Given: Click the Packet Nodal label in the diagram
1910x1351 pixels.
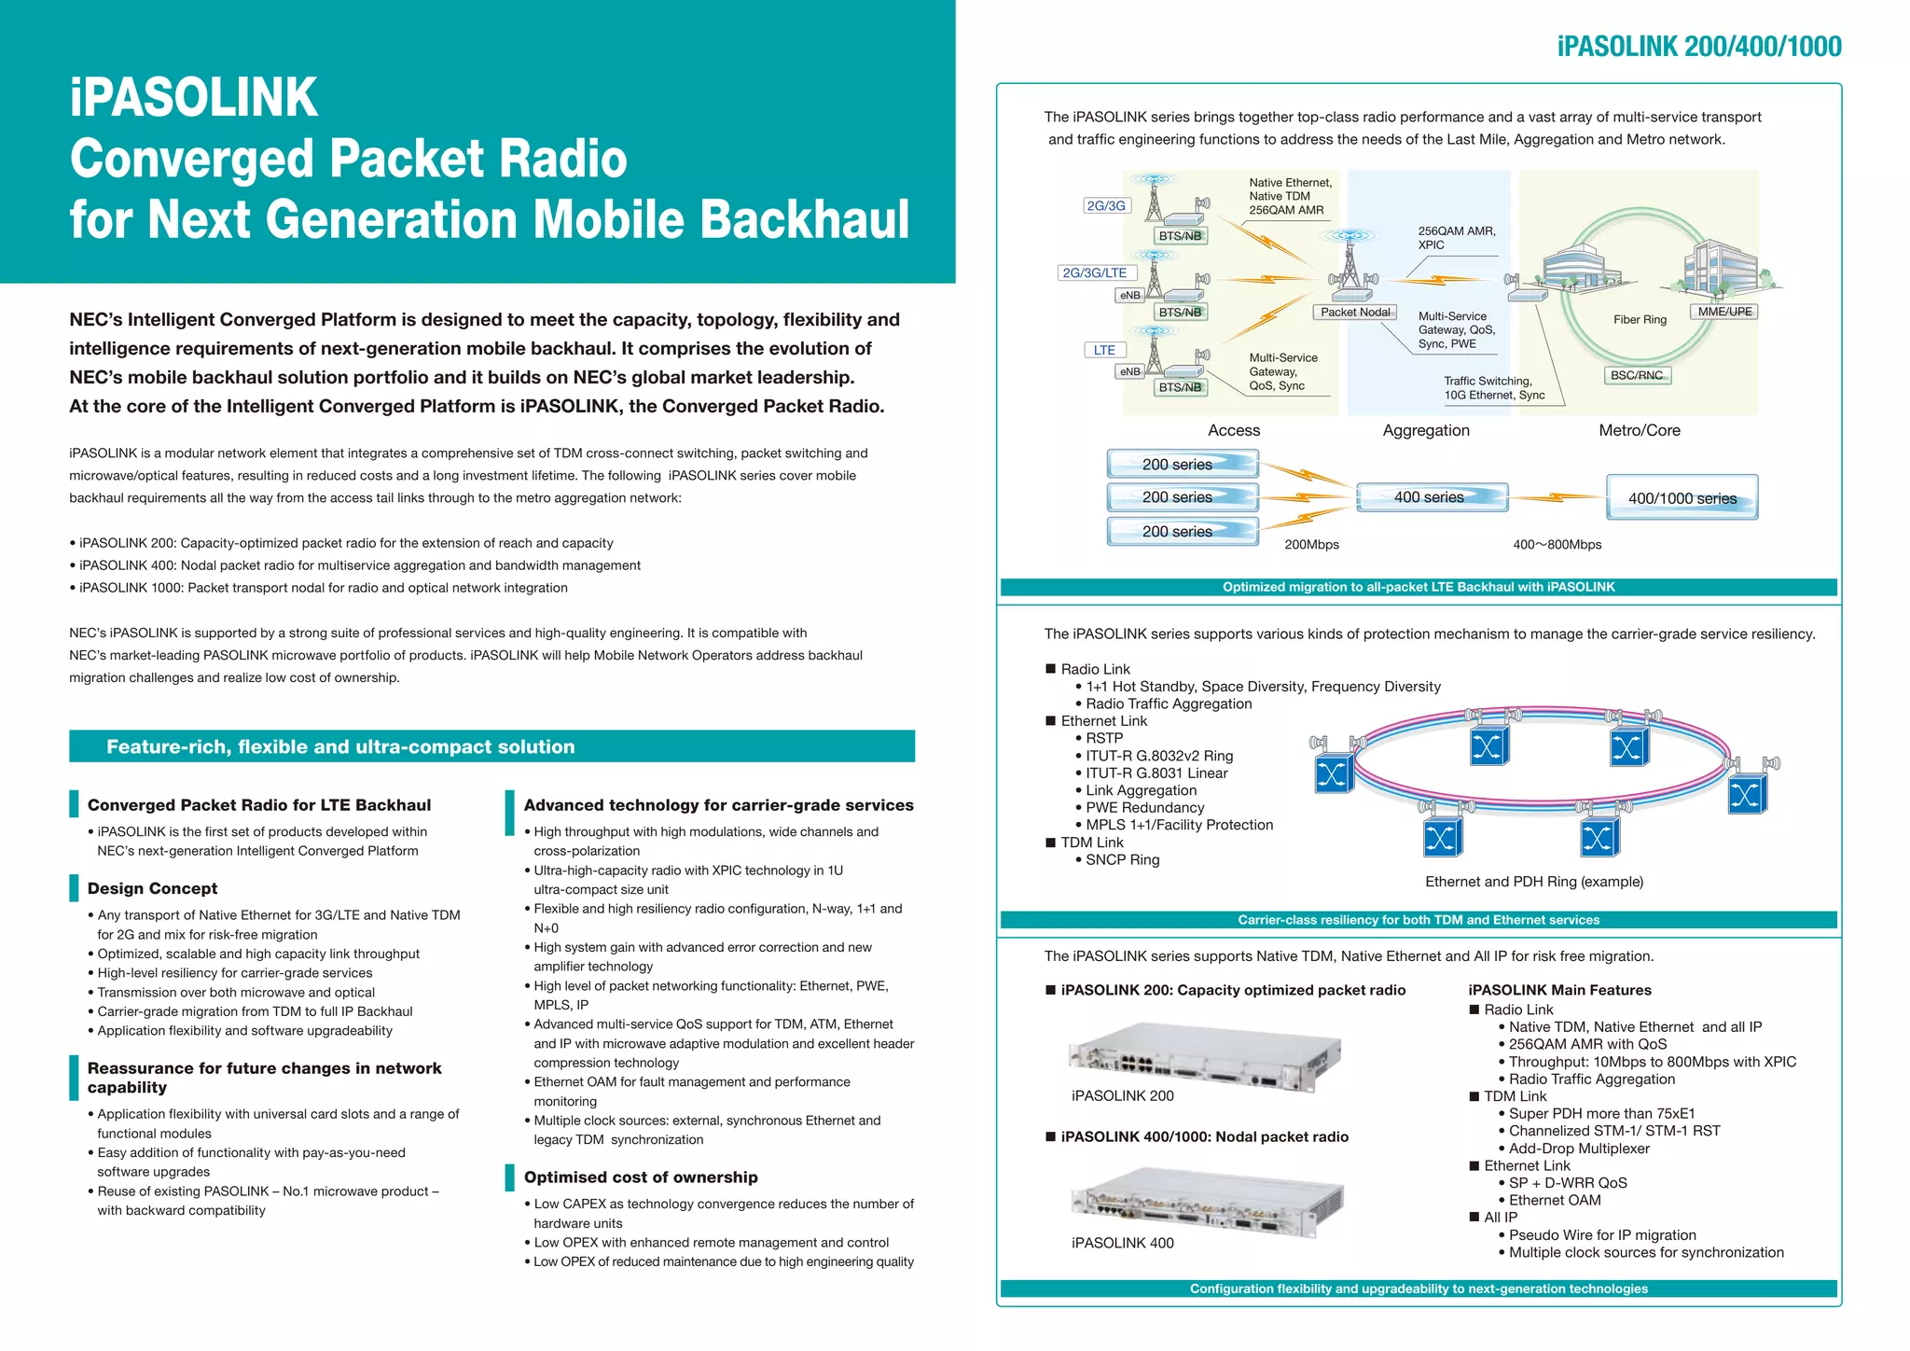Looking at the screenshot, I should point(1355,312).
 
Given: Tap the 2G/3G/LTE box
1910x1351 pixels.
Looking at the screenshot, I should point(1095,272).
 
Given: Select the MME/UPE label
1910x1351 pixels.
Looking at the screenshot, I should point(1724,312).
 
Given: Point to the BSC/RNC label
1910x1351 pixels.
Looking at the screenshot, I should point(1637,375).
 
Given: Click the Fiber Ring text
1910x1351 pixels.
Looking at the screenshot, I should point(1640,319).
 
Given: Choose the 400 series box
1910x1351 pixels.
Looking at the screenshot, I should point(1431,497).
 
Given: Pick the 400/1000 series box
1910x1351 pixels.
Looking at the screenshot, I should point(1682,497).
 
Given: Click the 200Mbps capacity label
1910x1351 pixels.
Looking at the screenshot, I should point(1311,545).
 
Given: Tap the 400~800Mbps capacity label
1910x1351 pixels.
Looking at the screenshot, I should point(1557,545).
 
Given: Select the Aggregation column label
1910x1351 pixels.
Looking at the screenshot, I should point(1426,430).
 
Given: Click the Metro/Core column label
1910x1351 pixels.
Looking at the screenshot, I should point(1639,430).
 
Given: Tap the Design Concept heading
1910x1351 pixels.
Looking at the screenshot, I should point(152,888).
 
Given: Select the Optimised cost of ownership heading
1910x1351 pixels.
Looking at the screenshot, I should point(641,1177).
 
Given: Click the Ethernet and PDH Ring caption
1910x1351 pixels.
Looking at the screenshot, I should point(1534,882).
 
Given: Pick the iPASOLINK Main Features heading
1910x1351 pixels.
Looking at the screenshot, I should point(1559,990).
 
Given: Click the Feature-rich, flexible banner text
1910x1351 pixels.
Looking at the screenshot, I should point(340,746).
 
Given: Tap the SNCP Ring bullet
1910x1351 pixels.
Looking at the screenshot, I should point(1122,859).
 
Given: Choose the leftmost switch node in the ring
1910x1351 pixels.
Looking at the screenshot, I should point(1333,773).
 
